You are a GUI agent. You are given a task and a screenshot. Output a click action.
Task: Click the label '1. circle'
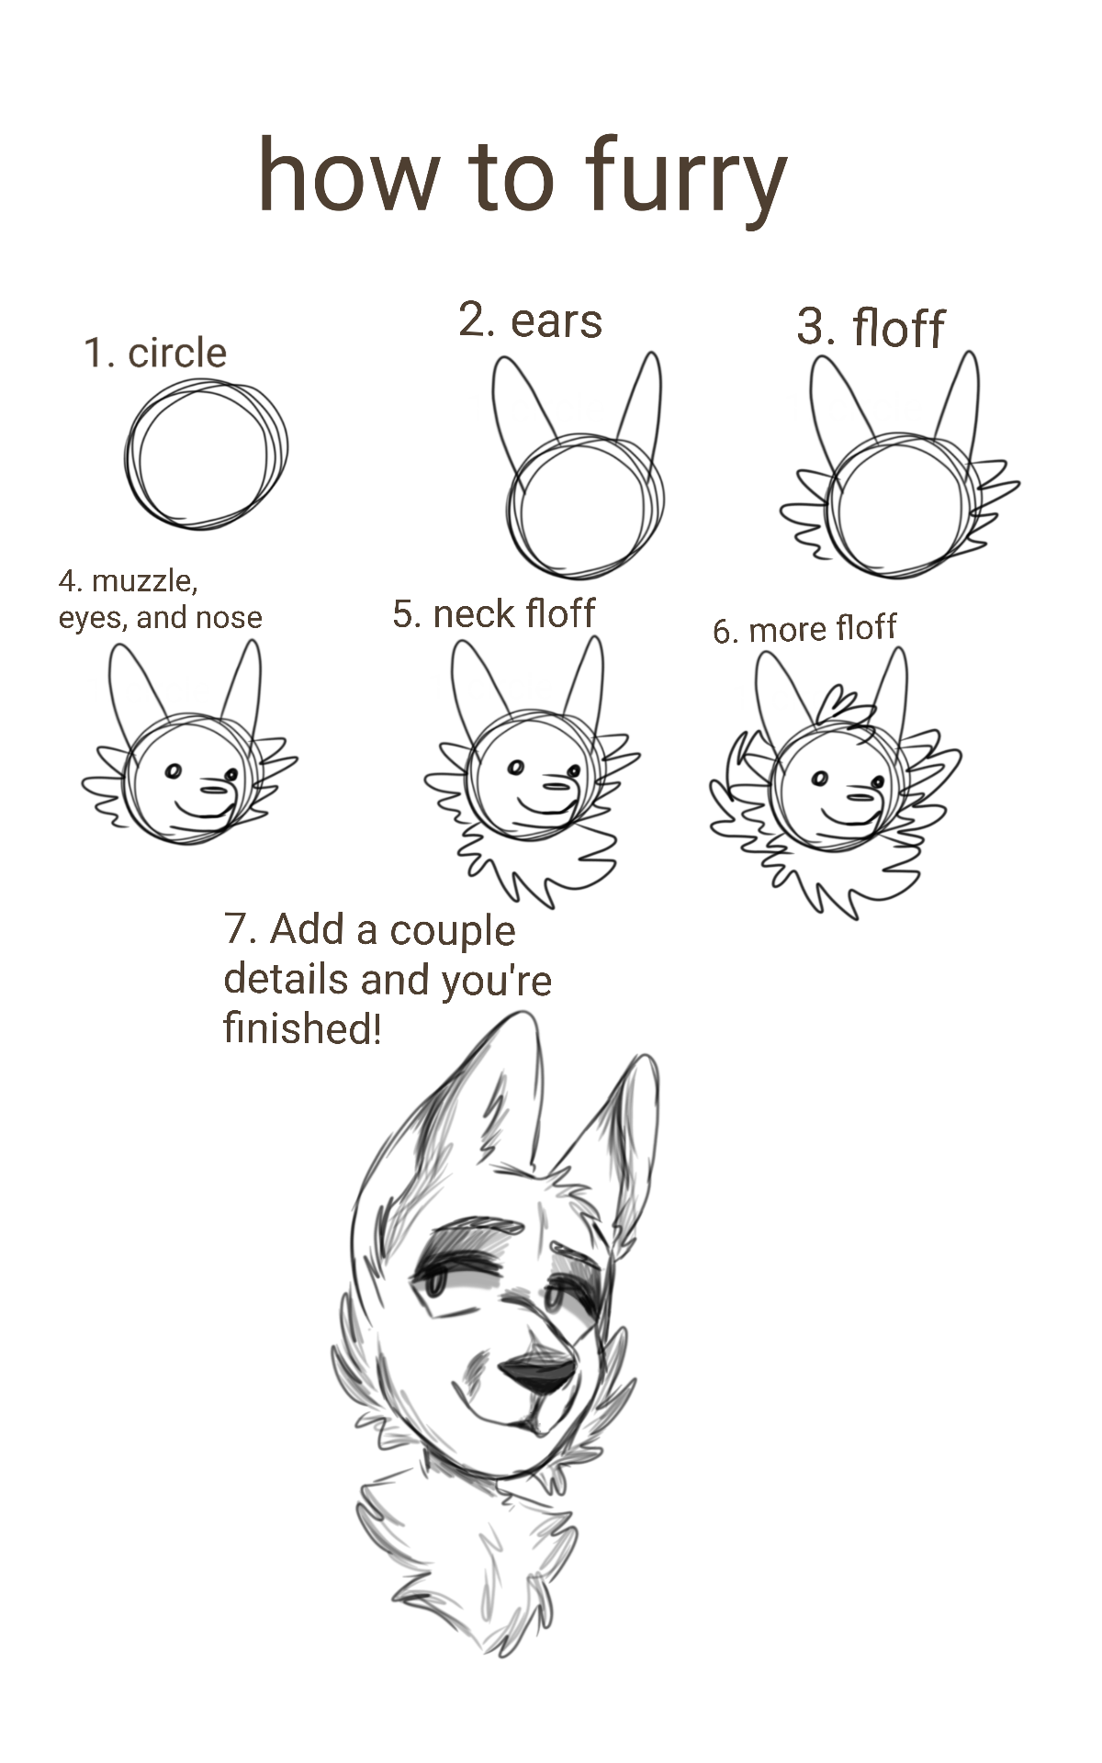click(155, 353)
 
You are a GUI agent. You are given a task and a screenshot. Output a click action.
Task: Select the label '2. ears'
click(530, 320)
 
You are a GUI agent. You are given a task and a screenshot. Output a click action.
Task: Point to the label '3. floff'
click(870, 327)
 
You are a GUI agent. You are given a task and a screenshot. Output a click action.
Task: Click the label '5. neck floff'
click(494, 613)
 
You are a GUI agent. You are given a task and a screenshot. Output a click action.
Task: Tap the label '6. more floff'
click(804, 629)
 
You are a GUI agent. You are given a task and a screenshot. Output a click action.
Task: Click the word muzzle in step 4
click(143, 580)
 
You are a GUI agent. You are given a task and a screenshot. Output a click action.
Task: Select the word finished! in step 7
click(301, 1027)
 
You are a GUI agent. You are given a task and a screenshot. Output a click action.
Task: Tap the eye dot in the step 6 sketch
click(820, 780)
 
